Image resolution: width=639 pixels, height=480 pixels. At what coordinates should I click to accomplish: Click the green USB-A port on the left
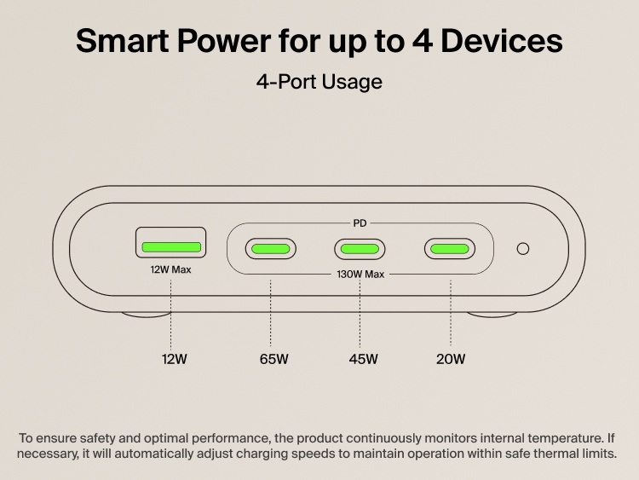click(171, 247)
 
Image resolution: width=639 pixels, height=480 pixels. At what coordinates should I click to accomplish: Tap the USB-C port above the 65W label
click(271, 249)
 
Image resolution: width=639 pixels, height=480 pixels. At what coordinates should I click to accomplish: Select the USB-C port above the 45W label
click(360, 249)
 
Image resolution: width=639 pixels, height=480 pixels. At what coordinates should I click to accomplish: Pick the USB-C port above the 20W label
click(450, 249)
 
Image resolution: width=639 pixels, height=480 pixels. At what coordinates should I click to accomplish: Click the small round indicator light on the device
click(523, 249)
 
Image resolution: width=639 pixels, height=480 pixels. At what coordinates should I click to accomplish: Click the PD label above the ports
click(360, 224)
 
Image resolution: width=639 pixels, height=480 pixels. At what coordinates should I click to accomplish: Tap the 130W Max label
click(360, 275)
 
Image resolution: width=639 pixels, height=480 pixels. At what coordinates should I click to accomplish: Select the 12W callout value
click(174, 359)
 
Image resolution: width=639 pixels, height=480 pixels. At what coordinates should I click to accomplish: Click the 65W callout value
click(274, 359)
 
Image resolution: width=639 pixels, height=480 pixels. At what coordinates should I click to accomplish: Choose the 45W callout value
click(363, 359)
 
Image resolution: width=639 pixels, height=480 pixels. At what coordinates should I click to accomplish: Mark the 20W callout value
click(451, 359)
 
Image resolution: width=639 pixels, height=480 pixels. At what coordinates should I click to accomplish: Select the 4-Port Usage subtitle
click(319, 82)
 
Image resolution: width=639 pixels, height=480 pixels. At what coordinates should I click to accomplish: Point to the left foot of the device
click(145, 315)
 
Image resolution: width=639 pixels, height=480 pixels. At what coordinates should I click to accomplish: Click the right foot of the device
click(492, 315)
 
